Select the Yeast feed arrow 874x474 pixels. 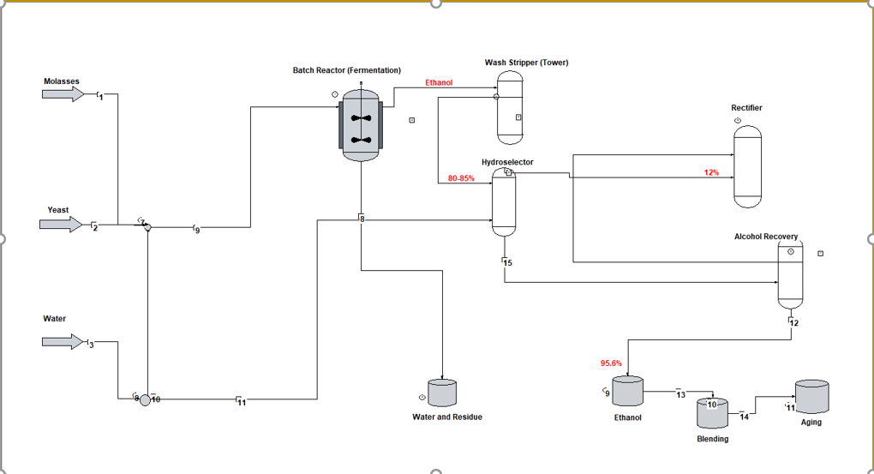[61, 225]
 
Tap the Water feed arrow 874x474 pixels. [63, 342]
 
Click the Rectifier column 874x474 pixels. [746, 166]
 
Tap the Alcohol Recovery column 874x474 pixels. [790, 274]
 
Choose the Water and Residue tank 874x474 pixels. [442, 393]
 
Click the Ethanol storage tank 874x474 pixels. [628, 391]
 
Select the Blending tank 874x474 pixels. [712, 413]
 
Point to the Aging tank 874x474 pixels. [811, 397]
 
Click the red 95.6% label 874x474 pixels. [611, 363]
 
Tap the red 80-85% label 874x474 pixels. [461, 178]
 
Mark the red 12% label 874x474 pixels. [711, 172]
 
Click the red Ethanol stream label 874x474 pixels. [439, 83]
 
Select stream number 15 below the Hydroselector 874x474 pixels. [507, 262]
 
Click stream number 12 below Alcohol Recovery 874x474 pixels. [793, 323]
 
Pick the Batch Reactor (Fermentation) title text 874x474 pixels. [346, 70]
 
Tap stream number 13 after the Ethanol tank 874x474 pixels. [681, 394]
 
